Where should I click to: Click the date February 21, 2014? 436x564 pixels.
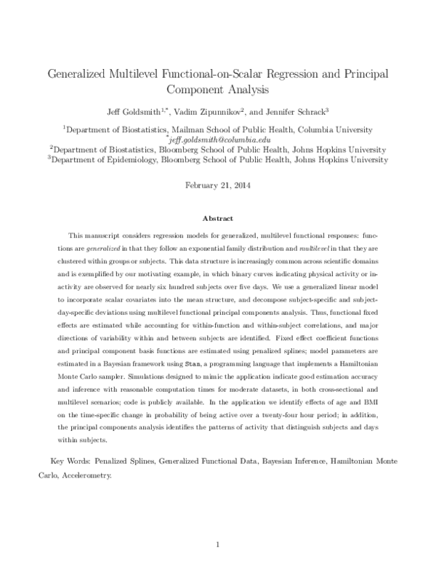pyautogui.click(x=218, y=185)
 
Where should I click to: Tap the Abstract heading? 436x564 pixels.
pyautogui.click(x=218, y=217)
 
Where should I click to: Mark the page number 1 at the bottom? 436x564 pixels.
pyautogui.click(x=218, y=543)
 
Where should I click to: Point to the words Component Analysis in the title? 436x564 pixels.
pyautogui.click(x=218, y=91)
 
